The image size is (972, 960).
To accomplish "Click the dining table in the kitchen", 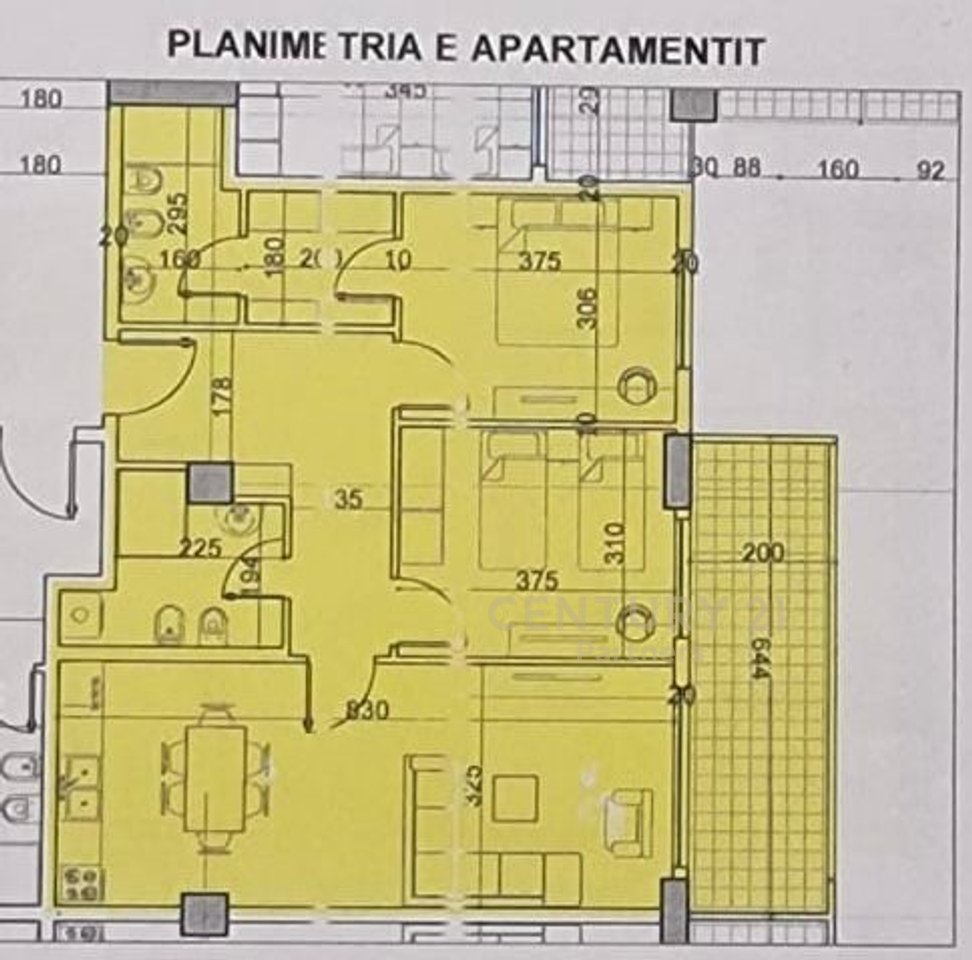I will (x=216, y=776).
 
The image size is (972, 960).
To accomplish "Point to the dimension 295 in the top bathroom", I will (x=180, y=211).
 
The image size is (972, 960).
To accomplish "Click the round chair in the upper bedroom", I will (x=635, y=385).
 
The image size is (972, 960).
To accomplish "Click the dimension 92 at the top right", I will (x=930, y=171).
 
